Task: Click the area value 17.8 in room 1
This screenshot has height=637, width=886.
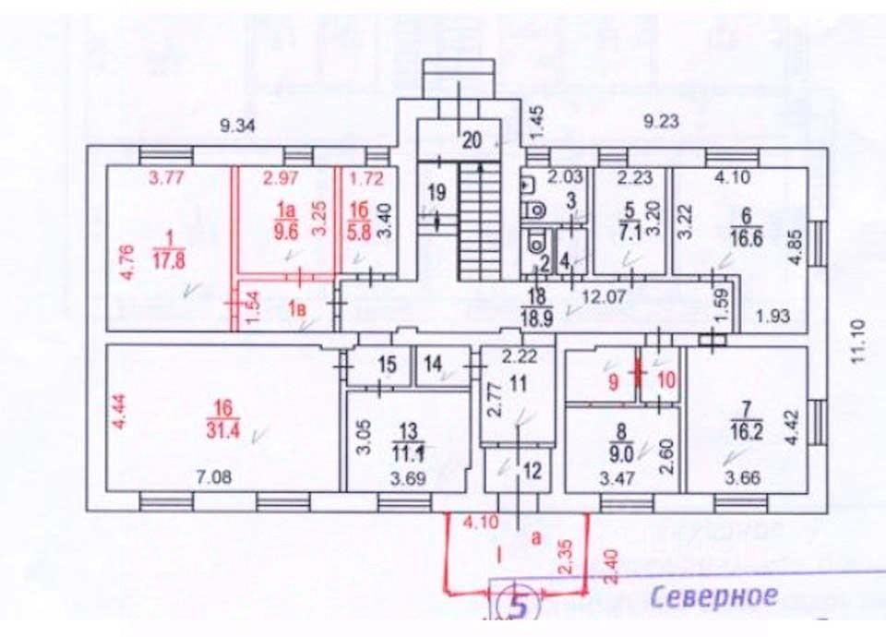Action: pos(168,259)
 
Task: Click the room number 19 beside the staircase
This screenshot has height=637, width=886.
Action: pos(437,192)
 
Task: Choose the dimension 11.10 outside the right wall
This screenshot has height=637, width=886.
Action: pos(853,343)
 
